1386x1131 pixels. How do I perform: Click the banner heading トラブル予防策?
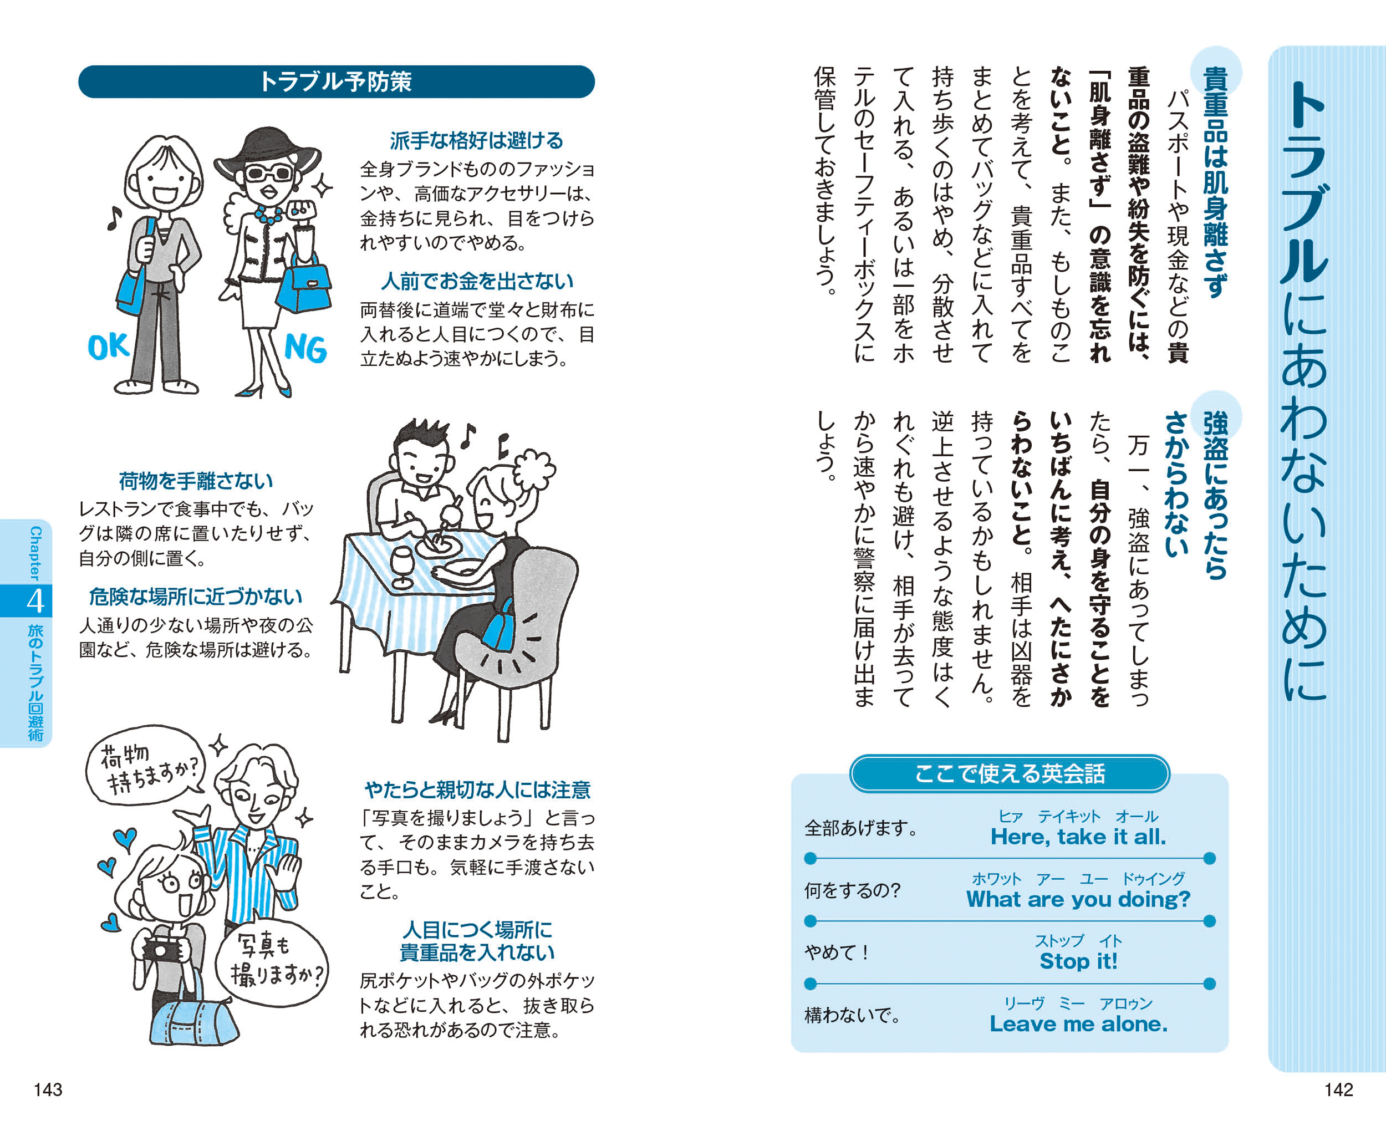(x=336, y=82)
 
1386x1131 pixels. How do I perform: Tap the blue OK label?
(x=108, y=348)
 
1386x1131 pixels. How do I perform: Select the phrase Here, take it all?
(x=1078, y=837)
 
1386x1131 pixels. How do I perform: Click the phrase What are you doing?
(x=1078, y=899)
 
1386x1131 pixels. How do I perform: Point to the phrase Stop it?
(x=1078, y=961)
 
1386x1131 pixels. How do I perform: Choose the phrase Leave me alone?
(x=1078, y=1023)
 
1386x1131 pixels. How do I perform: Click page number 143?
(x=48, y=1089)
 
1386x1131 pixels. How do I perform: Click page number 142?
(x=1338, y=1089)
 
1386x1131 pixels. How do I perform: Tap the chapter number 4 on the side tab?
(x=35, y=600)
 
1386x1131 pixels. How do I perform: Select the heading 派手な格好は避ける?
(x=477, y=141)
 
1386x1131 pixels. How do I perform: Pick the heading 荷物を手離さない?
(x=195, y=481)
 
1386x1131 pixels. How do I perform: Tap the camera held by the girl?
(x=161, y=950)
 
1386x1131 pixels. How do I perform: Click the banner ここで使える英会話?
(x=1010, y=773)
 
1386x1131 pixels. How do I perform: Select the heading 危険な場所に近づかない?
(x=195, y=597)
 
